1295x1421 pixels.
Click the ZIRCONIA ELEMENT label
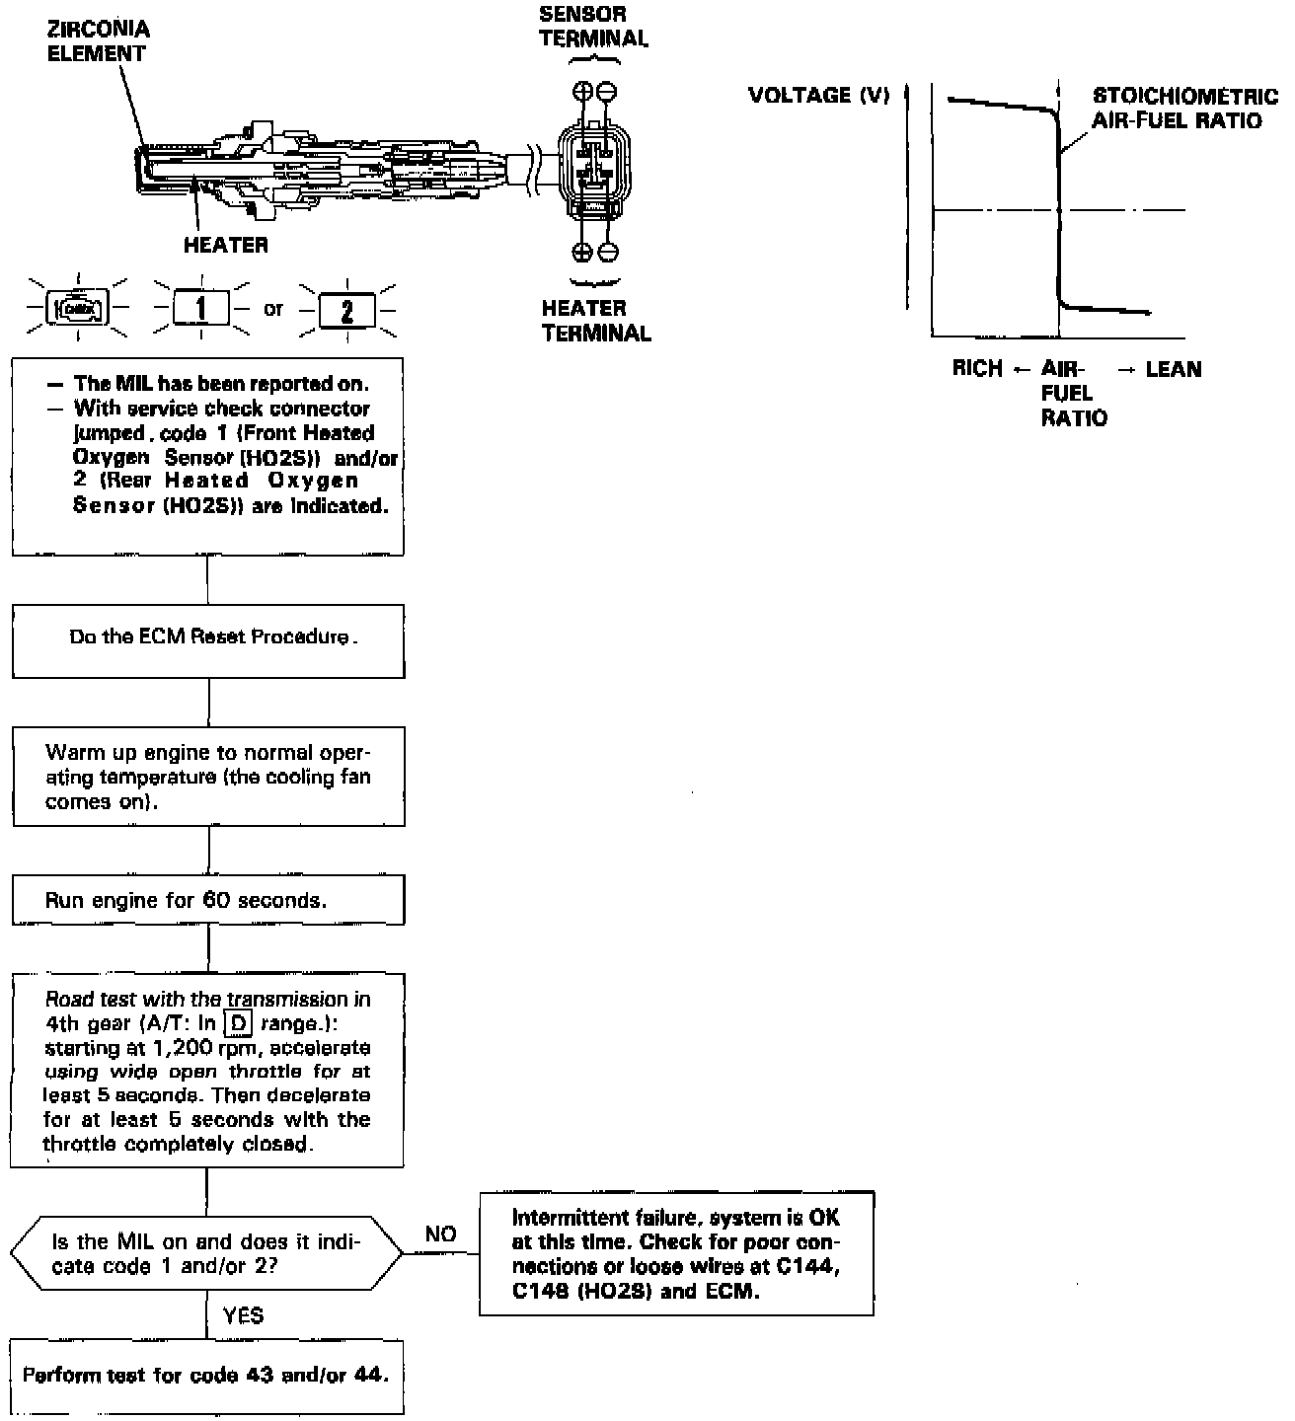99,41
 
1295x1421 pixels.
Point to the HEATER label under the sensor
225,245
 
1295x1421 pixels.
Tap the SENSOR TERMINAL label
593,27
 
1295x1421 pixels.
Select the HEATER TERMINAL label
595,321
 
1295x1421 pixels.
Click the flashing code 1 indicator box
200,309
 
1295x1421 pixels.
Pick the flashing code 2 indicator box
346,311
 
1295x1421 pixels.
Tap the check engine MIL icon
79,309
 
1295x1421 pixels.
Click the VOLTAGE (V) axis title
818,95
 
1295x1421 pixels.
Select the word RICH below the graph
977,369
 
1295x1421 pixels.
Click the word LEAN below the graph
1173,369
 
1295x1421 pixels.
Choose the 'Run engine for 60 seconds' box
208,900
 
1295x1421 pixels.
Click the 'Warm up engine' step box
208,777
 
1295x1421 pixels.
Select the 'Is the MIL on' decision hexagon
206,1253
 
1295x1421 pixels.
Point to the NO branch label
440,1234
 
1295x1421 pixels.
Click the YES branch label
243,1315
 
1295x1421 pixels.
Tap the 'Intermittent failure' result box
676,1253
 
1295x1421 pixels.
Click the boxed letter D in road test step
238,1023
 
